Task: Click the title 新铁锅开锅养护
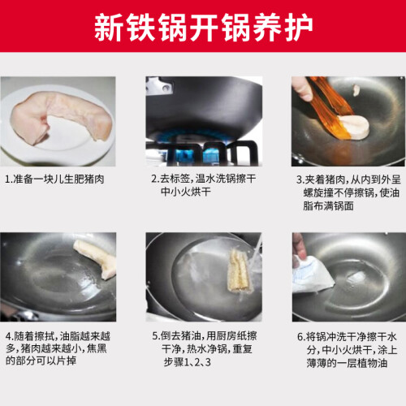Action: [203, 27]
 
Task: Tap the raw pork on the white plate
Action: [61, 116]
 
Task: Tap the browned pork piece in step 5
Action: [238, 270]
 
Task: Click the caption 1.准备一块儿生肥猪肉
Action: [54, 179]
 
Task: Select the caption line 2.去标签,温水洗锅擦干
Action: [204, 179]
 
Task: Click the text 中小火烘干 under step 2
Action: [186, 192]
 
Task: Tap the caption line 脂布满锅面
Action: [328, 206]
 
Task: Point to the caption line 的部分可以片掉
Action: [41, 361]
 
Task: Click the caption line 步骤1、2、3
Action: [187, 362]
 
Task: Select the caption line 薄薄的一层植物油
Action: [347, 363]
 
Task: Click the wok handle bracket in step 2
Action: [160, 87]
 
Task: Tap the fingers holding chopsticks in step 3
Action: [301, 88]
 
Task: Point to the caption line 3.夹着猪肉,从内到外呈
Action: [348, 179]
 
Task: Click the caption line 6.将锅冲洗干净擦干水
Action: [347, 337]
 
